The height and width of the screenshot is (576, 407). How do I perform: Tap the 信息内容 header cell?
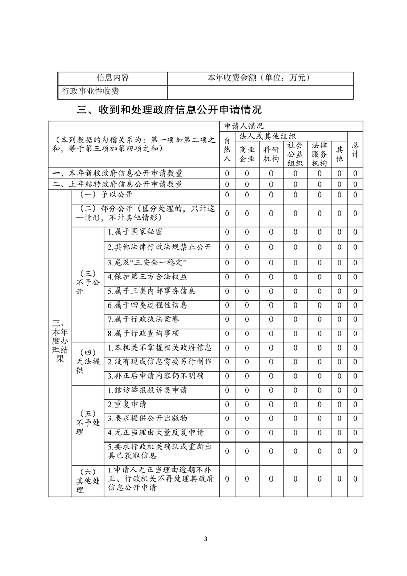113,78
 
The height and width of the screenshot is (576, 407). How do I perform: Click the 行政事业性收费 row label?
90,91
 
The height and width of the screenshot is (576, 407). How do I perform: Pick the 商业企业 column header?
247,154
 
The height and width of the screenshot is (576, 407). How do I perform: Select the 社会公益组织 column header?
295,154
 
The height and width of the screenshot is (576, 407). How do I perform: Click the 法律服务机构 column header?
319,154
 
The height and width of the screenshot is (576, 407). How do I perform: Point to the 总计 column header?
355,150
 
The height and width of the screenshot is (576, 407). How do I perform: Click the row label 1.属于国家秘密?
135,233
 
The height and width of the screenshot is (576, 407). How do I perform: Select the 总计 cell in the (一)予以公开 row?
355,195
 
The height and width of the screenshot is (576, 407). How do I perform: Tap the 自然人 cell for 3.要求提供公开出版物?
227,418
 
